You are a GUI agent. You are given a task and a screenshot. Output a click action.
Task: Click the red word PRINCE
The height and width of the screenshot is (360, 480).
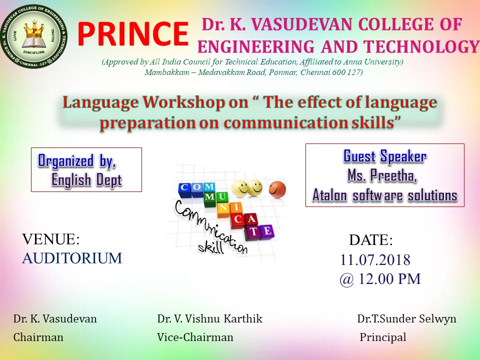coord(133,34)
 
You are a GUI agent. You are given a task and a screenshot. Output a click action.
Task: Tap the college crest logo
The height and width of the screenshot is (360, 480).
coord(33,36)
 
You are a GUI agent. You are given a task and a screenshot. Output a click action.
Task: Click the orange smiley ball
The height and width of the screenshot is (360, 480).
coord(277,189)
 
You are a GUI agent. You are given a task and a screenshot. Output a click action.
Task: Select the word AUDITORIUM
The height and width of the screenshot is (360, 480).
coord(72,258)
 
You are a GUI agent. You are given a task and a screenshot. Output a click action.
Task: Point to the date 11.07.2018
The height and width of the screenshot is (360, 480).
coord(375,260)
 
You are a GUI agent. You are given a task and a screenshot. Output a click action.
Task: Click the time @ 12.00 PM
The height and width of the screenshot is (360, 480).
coord(380,279)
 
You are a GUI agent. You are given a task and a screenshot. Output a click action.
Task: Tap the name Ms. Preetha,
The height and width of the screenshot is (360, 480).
coord(382,175)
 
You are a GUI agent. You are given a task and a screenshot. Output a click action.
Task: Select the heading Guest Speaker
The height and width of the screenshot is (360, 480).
coord(385,156)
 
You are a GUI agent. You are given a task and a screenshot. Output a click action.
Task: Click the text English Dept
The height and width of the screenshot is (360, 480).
coord(86,179)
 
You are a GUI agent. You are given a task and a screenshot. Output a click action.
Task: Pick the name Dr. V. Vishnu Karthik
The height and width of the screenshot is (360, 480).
coord(209,318)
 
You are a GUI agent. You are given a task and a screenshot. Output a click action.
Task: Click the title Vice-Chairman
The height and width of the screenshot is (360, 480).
coord(195,337)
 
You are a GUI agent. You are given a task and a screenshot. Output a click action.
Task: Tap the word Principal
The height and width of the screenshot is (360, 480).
coord(382,337)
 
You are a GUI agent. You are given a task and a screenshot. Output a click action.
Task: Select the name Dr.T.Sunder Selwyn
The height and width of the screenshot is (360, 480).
coord(406,318)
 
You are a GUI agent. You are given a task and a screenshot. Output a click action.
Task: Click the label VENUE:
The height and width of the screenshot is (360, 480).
coord(51,239)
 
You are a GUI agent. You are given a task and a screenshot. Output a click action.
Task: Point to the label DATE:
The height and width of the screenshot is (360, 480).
coord(370,240)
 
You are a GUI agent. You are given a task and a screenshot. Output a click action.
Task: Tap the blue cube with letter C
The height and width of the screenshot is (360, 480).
coord(184,187)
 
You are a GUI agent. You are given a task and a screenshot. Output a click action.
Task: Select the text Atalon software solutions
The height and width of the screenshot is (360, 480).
coord(385,195)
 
